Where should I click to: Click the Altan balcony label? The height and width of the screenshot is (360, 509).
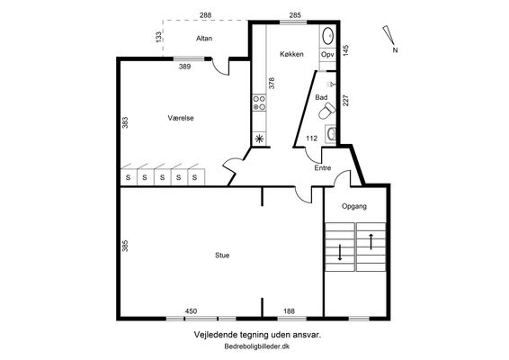pos(204,39)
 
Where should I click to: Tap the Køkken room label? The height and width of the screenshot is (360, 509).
pos(291,54)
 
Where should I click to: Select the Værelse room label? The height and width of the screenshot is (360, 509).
pos(181,118)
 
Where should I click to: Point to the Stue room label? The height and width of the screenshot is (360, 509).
pos(222,256)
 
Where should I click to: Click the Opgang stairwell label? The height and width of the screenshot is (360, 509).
pos(354,206)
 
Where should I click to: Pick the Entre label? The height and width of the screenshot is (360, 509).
pos(323,168)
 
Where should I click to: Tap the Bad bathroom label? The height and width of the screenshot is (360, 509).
pos(321,97)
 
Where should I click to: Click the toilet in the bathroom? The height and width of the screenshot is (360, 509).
pos(326,111)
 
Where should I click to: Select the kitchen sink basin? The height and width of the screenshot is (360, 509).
pos(327,36)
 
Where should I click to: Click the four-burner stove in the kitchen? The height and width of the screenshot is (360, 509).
pos(259,103)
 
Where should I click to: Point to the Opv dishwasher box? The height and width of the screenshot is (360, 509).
pos(327,55)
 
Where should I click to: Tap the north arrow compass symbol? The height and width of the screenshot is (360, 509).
pos(388,35)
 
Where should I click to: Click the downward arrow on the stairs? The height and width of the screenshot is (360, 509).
pos(340,253)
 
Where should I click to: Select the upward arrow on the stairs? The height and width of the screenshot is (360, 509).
pos(371,242)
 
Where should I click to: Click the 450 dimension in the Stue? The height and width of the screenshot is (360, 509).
pos(191,311)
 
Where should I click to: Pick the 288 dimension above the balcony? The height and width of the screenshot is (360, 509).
pos(205,15)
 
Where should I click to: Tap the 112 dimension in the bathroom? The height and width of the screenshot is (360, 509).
pos(312,139)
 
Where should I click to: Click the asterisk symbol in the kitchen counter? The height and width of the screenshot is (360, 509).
pos(259,139)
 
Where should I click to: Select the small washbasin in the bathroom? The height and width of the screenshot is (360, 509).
pos(331,134)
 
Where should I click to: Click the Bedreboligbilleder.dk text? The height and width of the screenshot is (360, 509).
pos(257,346)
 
